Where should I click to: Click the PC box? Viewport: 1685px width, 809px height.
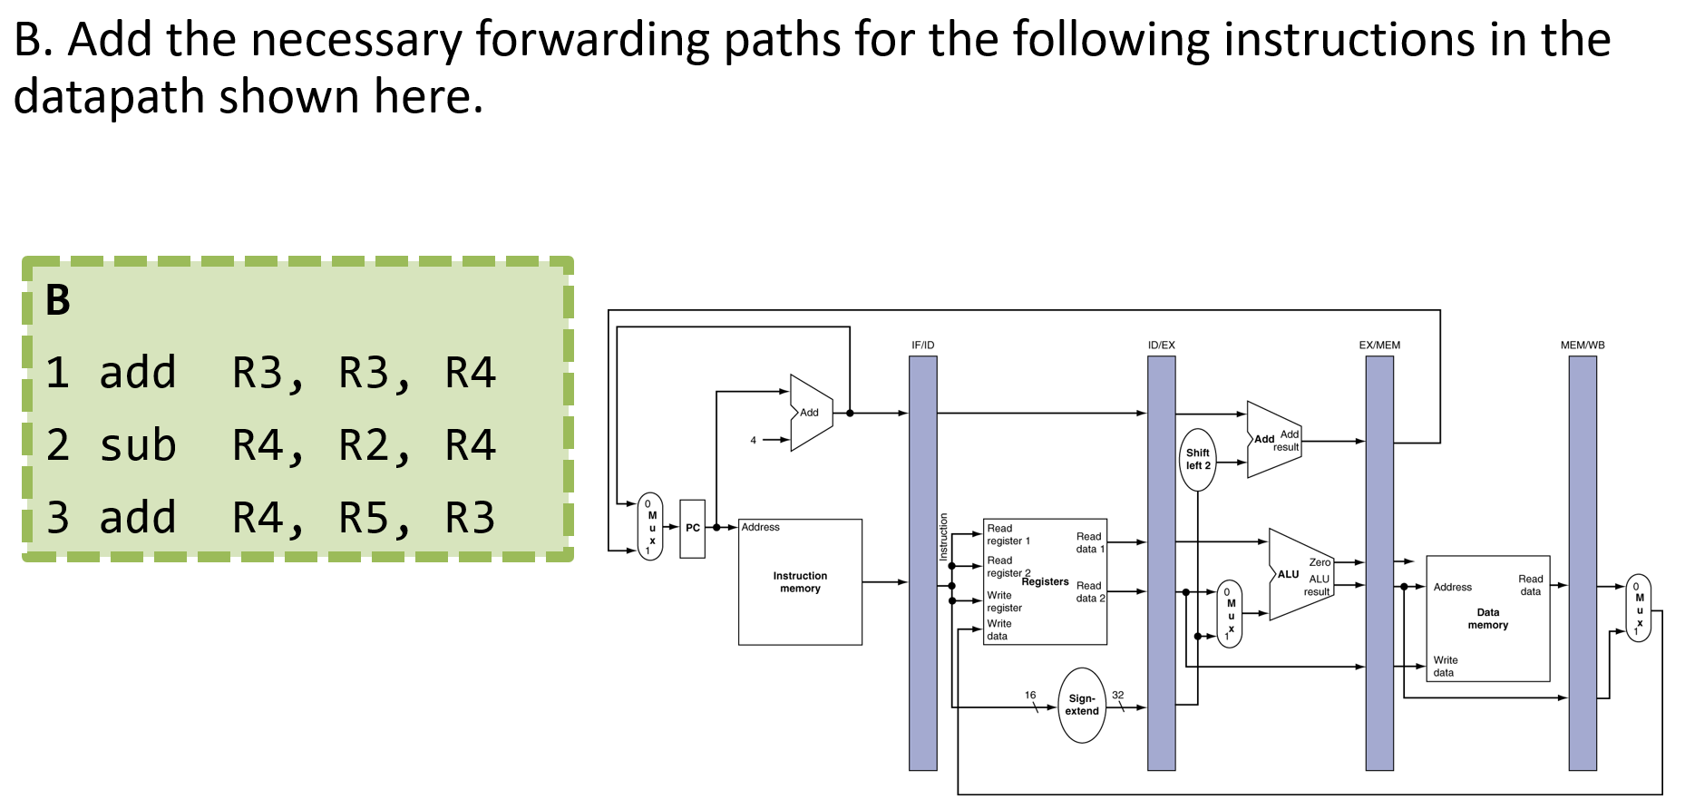(692, 528)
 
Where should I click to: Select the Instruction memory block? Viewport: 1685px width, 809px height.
(800, 581)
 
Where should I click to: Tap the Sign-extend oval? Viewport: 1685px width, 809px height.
(1082, 705)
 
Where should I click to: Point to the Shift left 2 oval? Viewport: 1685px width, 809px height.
(1197, 459)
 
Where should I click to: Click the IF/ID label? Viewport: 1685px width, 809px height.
(922, 345)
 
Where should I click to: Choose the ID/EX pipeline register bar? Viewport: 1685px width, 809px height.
(1161, 562)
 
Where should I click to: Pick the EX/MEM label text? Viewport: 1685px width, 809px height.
(1378, 345)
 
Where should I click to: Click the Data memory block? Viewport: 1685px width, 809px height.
(1487, 618)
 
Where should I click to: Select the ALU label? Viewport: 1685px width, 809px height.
(1288, 574)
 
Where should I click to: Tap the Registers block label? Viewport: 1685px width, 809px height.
(1045, 581)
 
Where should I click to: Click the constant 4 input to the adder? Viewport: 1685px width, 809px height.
(753, 440)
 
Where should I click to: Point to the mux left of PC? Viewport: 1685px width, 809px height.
(650, 526)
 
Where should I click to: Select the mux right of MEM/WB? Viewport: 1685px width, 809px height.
(1638, 608)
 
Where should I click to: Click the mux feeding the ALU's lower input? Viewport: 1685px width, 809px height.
(1230, 614)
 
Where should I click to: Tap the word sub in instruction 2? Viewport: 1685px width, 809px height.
(138, 445)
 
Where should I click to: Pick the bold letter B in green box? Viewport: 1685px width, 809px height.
(57, 300)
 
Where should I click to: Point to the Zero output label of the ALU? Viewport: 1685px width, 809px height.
(1320, 562)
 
